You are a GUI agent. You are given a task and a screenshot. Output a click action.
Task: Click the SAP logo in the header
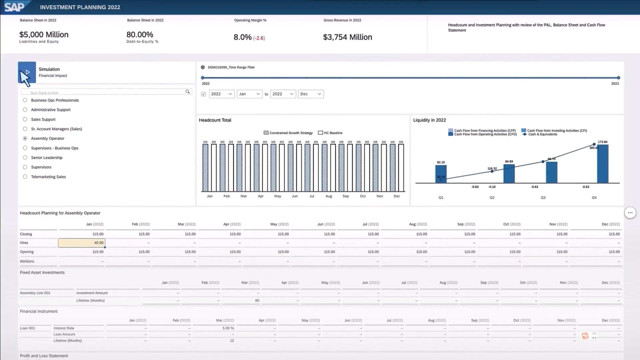click(14, 7)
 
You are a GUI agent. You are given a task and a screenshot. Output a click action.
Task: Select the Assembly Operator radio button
click(25, 138)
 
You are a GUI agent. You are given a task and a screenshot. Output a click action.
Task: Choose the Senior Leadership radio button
click(25, 158)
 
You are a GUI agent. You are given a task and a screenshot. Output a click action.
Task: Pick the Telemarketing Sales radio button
click(25, 177)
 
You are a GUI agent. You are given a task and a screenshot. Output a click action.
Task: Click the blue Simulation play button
click(27, 72)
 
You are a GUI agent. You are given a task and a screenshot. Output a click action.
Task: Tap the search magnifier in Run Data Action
click(188, 92)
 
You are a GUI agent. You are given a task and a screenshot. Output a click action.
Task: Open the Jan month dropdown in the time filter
click(249, 94)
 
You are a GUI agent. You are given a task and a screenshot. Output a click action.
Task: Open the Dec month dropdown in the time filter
click(310, 94)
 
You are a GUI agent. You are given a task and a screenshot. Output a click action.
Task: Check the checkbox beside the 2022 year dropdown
click(204, 94)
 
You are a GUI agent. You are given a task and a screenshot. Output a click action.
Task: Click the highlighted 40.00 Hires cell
click(82, 243)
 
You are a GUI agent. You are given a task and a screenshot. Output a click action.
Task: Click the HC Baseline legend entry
click(330, 133)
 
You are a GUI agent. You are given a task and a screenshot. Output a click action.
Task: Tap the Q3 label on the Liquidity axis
click(543, 198)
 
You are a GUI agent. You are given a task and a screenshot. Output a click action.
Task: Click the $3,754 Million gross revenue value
click(347, 37)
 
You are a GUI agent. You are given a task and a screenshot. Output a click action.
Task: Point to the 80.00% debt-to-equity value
click(140, 35)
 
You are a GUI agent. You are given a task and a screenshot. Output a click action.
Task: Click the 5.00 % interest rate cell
click(228, 328)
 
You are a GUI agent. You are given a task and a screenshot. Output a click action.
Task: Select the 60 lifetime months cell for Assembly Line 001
click(257, 301)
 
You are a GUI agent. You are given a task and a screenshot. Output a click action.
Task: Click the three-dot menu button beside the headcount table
click(630, 213)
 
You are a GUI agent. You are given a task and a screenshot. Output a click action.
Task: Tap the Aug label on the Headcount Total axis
click(329, 196)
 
